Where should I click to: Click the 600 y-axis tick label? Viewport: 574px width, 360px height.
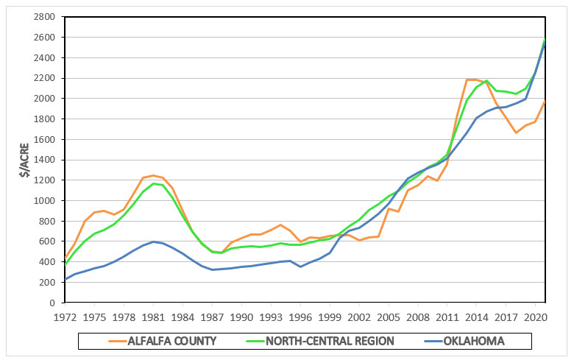coord(48,241)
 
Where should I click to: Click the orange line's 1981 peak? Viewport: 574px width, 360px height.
coord(152,175)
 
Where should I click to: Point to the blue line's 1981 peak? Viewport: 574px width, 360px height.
coord(152,241)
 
